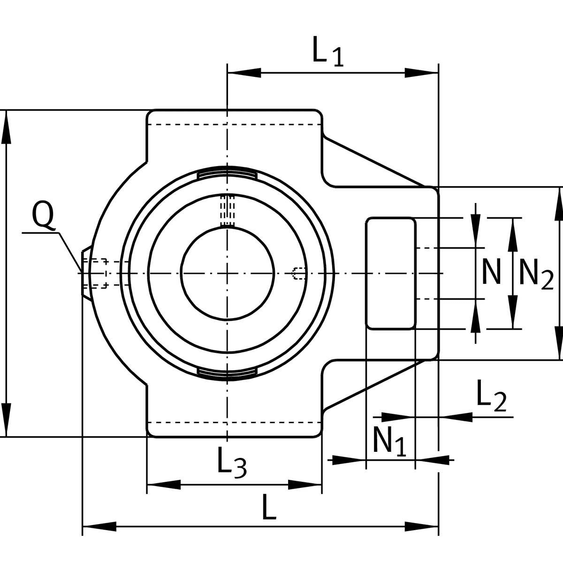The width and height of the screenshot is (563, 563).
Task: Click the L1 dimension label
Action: point(327,52)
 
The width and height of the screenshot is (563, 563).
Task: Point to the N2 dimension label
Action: point(536,274)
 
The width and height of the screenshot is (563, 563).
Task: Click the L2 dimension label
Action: point(491,396)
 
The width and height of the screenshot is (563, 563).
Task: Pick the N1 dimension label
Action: point(389,441)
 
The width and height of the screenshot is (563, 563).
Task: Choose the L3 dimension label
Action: point(232,462)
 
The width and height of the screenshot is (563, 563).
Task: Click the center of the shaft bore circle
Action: point(227,273)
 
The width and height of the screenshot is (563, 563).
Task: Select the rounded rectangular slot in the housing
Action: point(391,273)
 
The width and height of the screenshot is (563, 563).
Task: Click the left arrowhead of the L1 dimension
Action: point(244,73)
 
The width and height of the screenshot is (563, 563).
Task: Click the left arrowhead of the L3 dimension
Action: point(164,485)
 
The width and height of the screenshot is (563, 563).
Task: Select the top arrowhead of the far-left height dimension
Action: point(7,127)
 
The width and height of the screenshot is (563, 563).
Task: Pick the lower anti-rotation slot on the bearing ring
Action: point(227,372)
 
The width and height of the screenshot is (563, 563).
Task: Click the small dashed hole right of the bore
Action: point(298,273)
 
